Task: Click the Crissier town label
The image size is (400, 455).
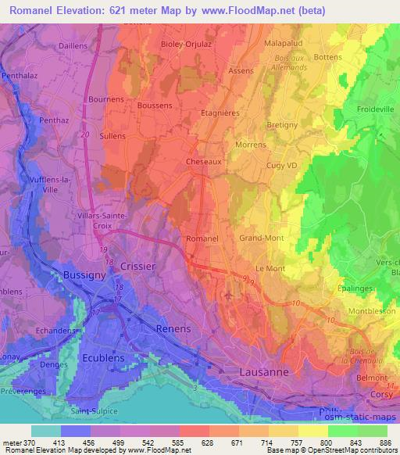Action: (139, 267)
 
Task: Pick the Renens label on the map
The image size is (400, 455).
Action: (173, 328)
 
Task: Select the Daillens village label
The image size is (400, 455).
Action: (73, 46)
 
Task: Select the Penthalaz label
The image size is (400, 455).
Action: (21, 76)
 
